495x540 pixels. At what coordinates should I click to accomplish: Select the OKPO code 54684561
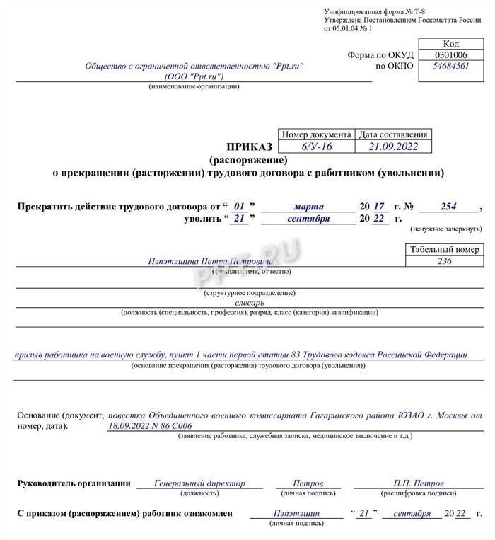click(x=450, y=67)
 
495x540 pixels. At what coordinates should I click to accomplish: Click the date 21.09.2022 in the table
click(x=393, y=147)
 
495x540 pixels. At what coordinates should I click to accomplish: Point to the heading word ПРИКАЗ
click(x=249, y=147)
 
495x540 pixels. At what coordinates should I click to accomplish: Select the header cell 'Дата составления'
click(x=393, y=134)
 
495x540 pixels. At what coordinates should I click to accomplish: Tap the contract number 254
click(x=448, y=206)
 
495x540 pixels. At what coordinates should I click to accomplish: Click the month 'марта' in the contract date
click(x=308, y=206)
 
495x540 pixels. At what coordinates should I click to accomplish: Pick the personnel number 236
click(x=444, y=261)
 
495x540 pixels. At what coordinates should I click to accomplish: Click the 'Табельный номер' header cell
click(x=444, y=249)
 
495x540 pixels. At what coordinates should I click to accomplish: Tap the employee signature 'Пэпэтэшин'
click(x=297, y=513)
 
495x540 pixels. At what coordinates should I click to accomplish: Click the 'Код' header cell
click(x=450, y=43)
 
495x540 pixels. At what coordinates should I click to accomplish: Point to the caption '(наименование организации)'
click(x=194, y=86)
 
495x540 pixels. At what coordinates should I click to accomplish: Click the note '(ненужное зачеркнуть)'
click(x=445, y=229)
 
